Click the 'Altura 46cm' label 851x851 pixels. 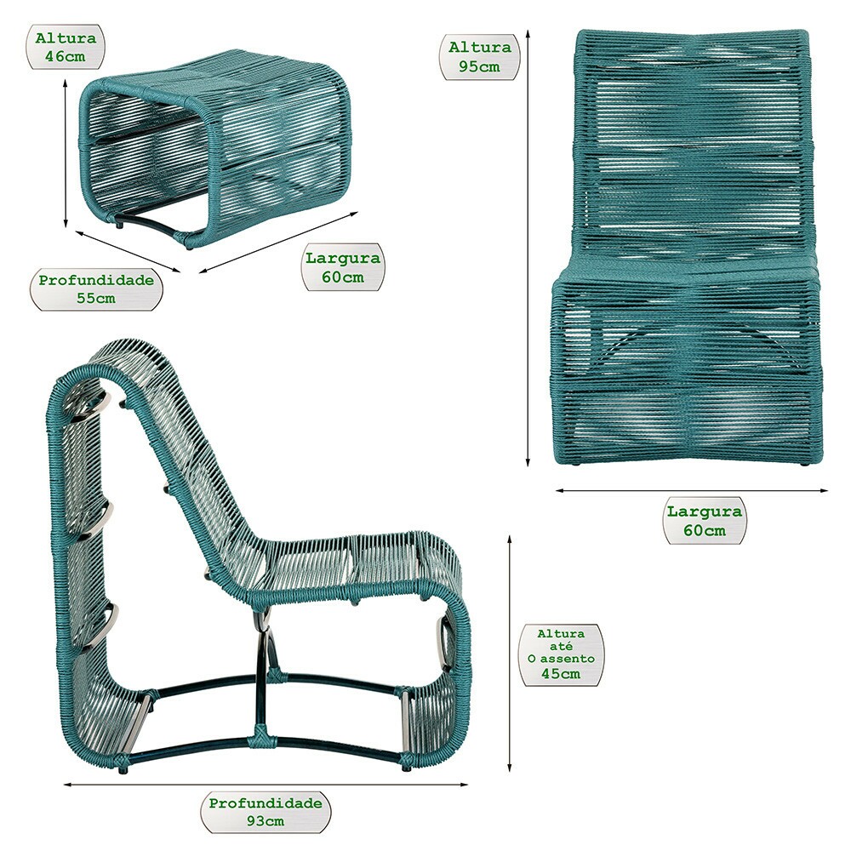pos(66,47)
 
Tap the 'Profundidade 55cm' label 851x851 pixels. pos(96,288)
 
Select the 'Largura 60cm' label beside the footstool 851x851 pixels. pos(342,267)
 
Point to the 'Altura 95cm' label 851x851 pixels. pos(480,57)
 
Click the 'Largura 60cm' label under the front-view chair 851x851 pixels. pos(705,521)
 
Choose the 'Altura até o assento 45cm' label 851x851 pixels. pos(561,654)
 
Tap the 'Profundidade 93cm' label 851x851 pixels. pos(266,812)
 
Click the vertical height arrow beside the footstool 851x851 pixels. pos(66,153)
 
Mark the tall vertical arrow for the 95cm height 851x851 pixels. pos(528,248)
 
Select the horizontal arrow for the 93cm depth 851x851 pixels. pos(266,785)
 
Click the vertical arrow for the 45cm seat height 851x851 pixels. pos(509,654)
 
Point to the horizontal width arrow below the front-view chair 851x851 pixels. pos(692,491)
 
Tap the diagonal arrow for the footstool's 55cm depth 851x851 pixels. pos(129,251)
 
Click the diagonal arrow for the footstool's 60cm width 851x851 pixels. pos(278,242)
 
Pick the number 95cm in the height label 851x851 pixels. pos(479,66)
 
